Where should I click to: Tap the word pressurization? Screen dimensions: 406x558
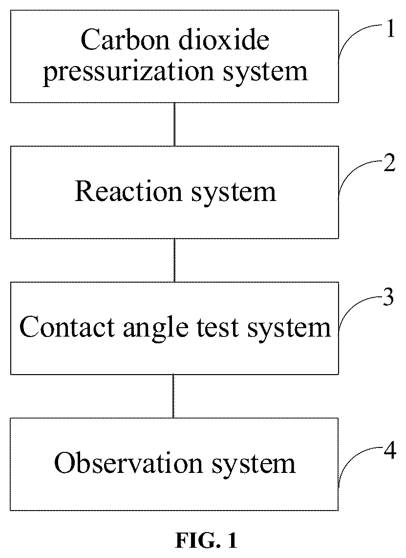128,72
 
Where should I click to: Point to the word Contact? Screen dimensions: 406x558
67,327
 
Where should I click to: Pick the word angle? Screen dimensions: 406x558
155,328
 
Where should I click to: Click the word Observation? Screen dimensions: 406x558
128,463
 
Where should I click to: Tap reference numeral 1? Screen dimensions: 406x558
390,29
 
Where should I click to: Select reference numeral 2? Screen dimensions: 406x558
389,165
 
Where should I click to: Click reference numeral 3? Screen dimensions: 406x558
388,297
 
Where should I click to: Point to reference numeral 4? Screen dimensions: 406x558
390,451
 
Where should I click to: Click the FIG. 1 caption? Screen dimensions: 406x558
206,541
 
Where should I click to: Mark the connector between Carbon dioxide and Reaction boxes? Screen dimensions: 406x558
174,125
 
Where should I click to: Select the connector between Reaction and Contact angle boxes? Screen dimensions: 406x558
174,261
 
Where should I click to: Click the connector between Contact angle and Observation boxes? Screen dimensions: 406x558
173,396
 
